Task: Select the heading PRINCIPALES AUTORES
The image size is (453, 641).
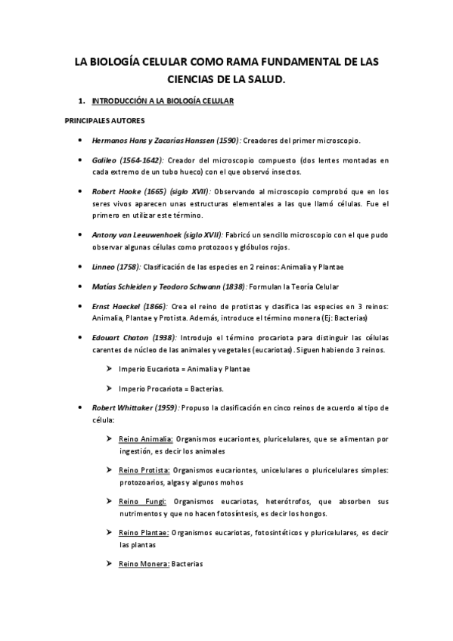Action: click(104, 120)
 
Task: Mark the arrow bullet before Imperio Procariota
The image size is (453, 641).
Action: click(110, 389)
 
